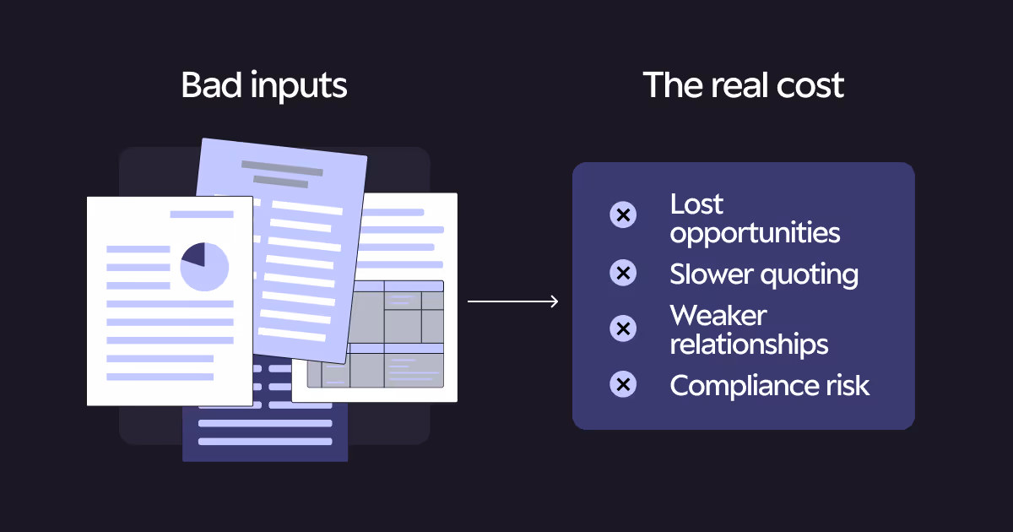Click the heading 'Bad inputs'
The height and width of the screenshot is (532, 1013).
click(x=264, y=86)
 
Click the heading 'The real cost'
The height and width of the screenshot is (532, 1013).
click(x=743, y=86)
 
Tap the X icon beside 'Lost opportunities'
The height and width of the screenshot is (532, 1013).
click(x=623, y=215)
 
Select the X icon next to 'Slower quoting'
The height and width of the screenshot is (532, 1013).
click(x=623, y=273)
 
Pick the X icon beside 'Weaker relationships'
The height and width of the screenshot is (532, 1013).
click(x=623, y=328)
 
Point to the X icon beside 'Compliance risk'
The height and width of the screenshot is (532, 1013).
click(x=623, y=385)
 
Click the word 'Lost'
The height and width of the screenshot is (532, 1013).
click(x=696, y=204)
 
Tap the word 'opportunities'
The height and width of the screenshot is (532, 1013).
click(x=755, y=232)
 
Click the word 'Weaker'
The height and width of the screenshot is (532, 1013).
click(x=718, y=315)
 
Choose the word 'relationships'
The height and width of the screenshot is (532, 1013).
click(x=749, y=344)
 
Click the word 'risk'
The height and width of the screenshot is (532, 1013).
click(x=844, y=385)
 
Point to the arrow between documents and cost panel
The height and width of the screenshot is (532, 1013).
click(x=512, y=301)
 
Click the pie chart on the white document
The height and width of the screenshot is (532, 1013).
click(x=204, y=267)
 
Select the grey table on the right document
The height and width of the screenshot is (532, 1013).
click(x=376, y=334)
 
